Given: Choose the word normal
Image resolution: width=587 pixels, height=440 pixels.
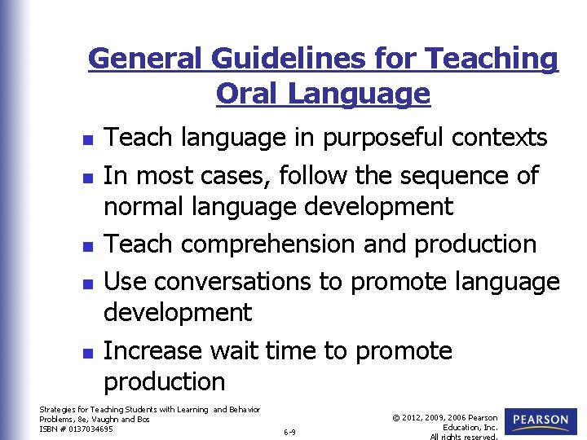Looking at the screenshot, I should point(146,206).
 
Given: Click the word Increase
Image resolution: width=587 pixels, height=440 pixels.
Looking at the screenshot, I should point(153,350).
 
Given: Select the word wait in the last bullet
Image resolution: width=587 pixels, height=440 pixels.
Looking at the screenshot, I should point(236,350).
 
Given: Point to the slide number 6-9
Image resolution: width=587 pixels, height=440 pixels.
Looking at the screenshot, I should point(289,432).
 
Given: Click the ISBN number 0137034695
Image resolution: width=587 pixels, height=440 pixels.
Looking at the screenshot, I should point(91,429).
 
